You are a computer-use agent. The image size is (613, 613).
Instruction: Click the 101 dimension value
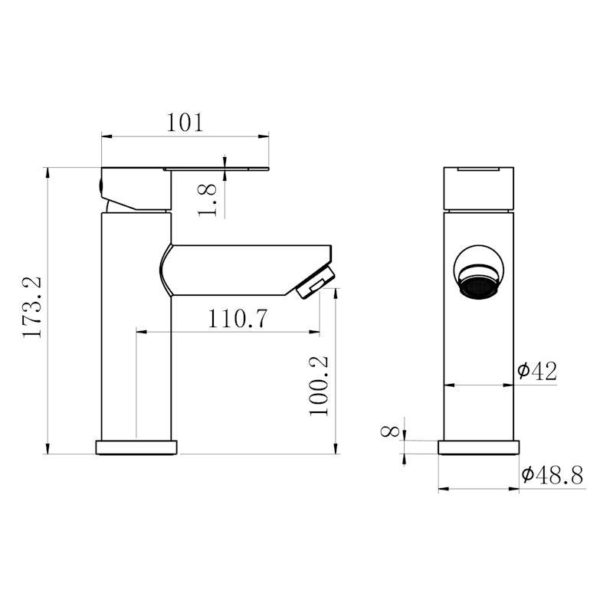tap(185, 123)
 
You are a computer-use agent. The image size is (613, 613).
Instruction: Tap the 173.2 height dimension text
tap(32, 307)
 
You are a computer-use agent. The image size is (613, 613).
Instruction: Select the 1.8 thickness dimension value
tap(207, 200)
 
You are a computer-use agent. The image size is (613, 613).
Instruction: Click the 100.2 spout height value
tap(319, 386)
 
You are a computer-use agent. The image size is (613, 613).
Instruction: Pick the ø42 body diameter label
tap(537, 371)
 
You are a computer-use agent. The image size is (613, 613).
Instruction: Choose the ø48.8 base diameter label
tap(552, 475)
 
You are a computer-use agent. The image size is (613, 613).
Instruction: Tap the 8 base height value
tap(390, 431)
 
